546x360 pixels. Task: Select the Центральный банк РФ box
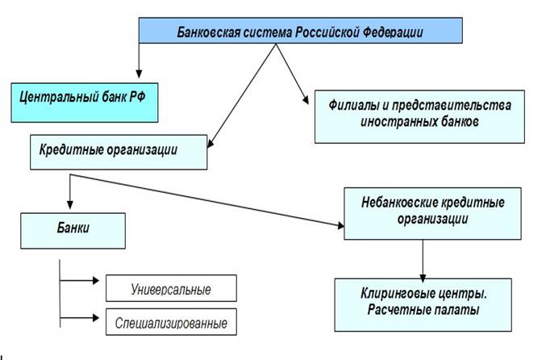pyautogui.click(x=85, y=103)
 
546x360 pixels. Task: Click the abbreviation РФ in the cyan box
pyautogui.click(x=137, y=97)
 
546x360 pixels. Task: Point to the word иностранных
pyautogui.click(x=398, y=122)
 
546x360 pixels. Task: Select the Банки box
pyautogui.click(x=73, y=231)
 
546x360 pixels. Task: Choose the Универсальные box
pyautogui.click(x=171, y=288)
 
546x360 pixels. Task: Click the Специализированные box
pyautogui.click(x=171, y=322)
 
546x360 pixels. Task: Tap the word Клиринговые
pyautogui.click(x=395, y=294)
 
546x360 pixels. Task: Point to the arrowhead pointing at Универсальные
pyautogui.click(x=96, y=280)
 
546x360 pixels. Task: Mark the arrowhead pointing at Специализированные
pyautogui.click(x=96, y=317)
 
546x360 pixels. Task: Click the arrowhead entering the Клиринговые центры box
pyautogui.click(x=423, y=278)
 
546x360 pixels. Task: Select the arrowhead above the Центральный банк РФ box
pyautogui.click(x=139, y=74)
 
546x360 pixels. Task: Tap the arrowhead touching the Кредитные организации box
pyautogui.click(x=210, y=143)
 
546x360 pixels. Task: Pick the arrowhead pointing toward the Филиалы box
pyautogui.click(x=306, y=99)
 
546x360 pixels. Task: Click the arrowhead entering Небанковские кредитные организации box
pyautogui.click(x=340, y=226)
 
